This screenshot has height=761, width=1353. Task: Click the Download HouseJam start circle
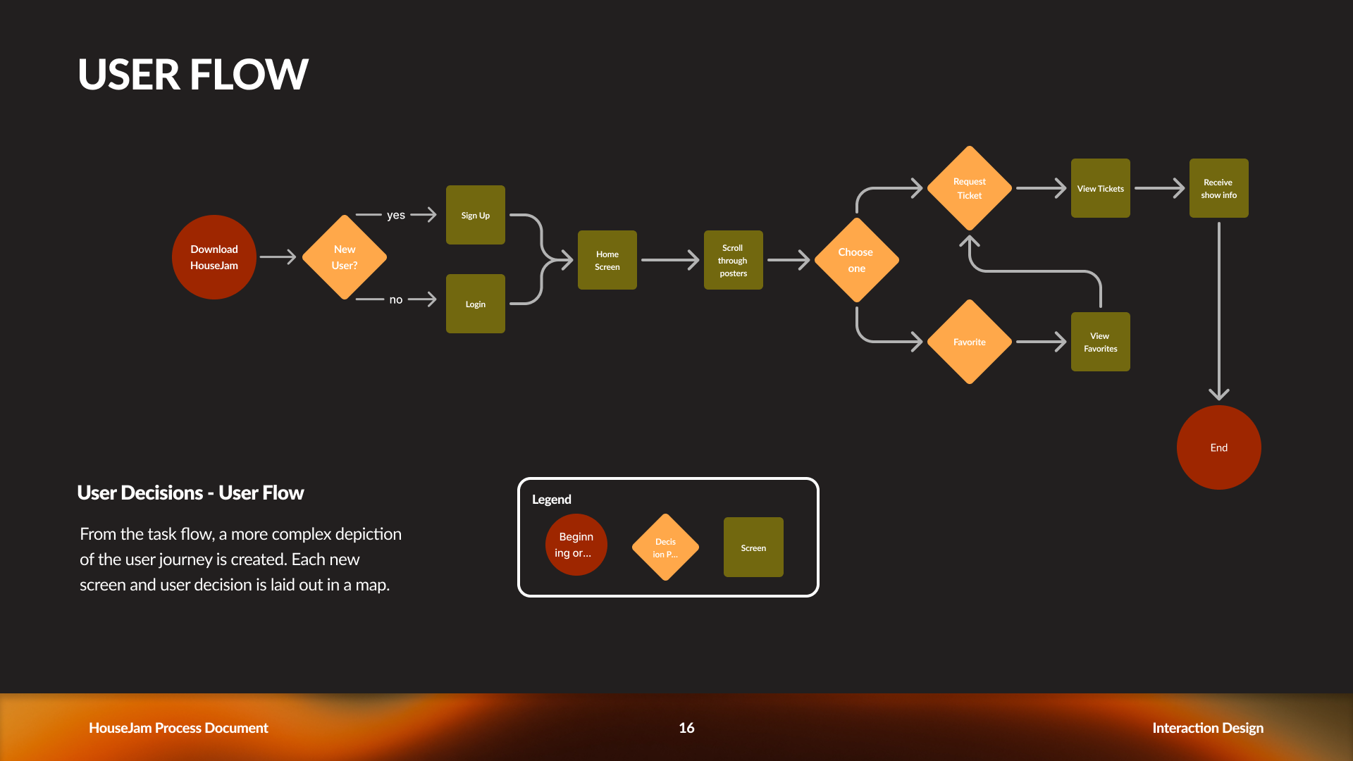[x=214, y=257]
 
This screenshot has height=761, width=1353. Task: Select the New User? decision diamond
[x=345, y=257]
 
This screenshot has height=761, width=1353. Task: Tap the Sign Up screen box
[x=476, y=215]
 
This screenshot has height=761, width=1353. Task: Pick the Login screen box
[x=476, y=304]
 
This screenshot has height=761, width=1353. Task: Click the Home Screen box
[x=607, y=260]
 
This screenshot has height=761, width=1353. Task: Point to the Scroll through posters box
[x=733, y=260]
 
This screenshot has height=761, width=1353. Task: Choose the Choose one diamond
[x=856, y=260]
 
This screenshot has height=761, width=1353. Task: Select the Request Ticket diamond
[x=970, y=188]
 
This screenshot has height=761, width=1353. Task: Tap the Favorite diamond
[x=970, y=342]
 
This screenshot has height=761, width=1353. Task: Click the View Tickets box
[x=1101, y=188]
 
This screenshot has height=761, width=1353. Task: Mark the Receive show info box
[x=1219, y=188]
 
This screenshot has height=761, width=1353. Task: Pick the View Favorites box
[x=1101, y=342]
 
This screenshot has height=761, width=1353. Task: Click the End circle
[x=1219, y=447]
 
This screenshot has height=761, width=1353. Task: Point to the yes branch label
[x=396, y=215]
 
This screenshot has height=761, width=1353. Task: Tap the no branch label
[x=396, y=300]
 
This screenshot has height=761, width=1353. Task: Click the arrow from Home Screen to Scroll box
[x=669, y=260]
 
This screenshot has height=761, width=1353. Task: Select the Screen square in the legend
[x=753, y=547]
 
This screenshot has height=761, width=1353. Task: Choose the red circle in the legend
[x=576, y=545]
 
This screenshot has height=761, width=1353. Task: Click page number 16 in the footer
[x=686, y=728]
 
